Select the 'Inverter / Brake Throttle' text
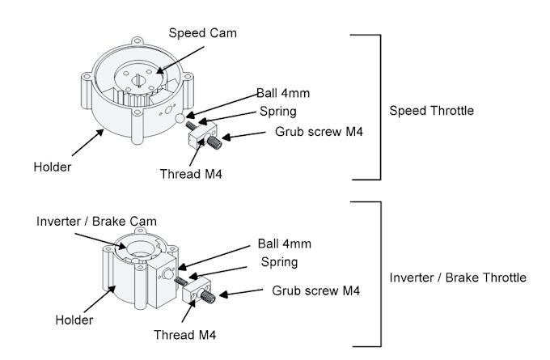pos(458,277)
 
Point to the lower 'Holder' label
pos(73,320)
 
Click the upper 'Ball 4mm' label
pos(283,93)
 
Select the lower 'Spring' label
pos(279,262)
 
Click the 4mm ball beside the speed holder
pos(180,119)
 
